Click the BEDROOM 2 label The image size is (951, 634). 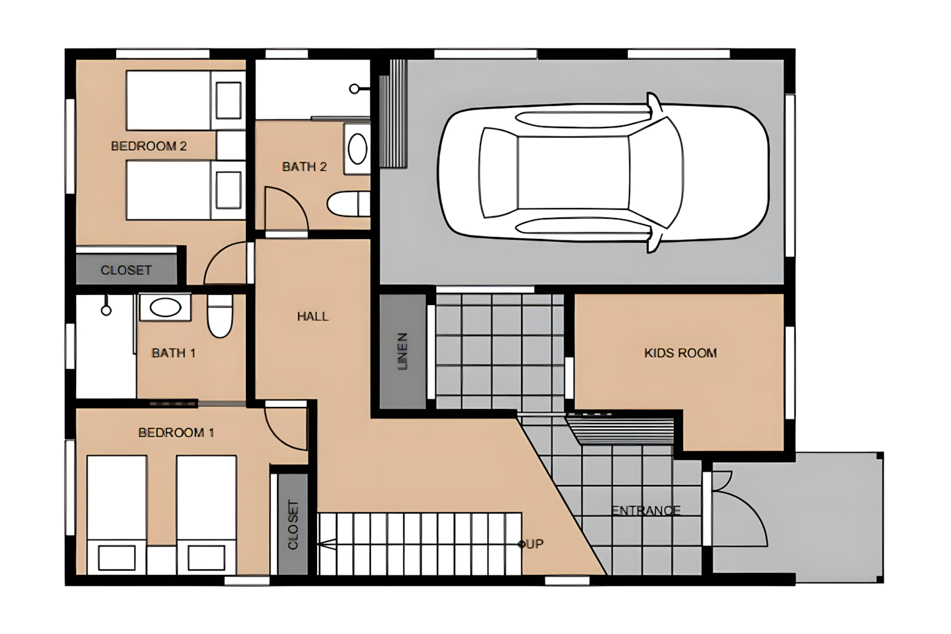click(148, 146)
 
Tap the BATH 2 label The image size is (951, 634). click(304, 167)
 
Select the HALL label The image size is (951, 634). click(313, 316)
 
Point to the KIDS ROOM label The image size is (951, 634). click(680, 353)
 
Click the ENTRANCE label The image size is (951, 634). click(646, 510)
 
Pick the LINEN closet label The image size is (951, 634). click(403, 351)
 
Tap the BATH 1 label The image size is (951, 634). click(174, 353)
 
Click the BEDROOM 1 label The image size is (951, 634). click(176, 433)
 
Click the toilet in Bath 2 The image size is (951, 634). click(349, 204)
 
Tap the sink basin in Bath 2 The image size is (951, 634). click(358, 148)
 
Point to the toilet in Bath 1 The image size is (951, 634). click(220, 316)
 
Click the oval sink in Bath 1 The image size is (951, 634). click(165, 307)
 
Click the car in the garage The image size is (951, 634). click(604, 173)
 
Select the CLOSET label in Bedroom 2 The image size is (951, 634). click(126, 270)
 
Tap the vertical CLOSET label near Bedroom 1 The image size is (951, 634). click(294, 525)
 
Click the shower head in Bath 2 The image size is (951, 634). click(359, 89)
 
